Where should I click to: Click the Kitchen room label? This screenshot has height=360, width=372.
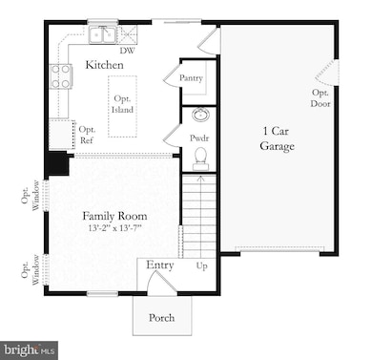tap(105, 64)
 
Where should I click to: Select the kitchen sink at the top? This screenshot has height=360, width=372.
tap(103, 34)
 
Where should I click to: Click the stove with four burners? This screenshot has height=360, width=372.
tap(61, 75)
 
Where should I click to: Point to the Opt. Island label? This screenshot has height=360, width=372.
tap(122, 104)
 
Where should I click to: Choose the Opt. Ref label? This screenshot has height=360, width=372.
tap(87, 135)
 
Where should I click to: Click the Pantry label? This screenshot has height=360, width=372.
tap(191, 77)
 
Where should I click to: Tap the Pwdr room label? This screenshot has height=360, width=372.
tap(198, 138)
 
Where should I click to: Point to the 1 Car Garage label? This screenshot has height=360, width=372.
tap(277, 138)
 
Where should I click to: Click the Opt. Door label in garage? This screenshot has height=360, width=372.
tap(320, 97)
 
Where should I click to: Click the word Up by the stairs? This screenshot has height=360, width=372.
tap(201, 265)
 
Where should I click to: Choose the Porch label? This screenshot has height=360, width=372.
tap(161, 317)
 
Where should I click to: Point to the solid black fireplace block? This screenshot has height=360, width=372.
tap(58, 162)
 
